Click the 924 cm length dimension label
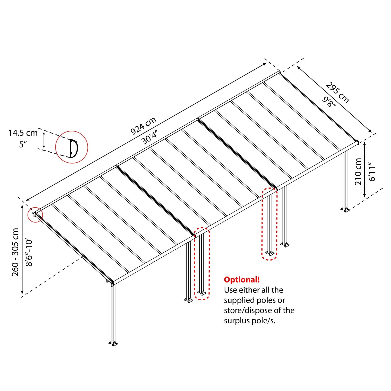[x=143, y=126]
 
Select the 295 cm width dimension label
[x=337, y=93]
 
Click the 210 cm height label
[x=358, y=172]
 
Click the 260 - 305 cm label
[x=15, y=252]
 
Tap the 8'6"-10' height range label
[x=29, y=252]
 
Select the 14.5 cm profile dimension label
[x=23, y=133]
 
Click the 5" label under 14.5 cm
[x=23, y=144]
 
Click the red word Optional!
[x=242, y=280]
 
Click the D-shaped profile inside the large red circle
[x=73, y=148]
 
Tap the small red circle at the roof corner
[x=35, y=215]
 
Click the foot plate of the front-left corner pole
[x=113, y=344]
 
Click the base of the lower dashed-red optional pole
[x=202, y=293]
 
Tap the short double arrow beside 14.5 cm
[x=44, y=141]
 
